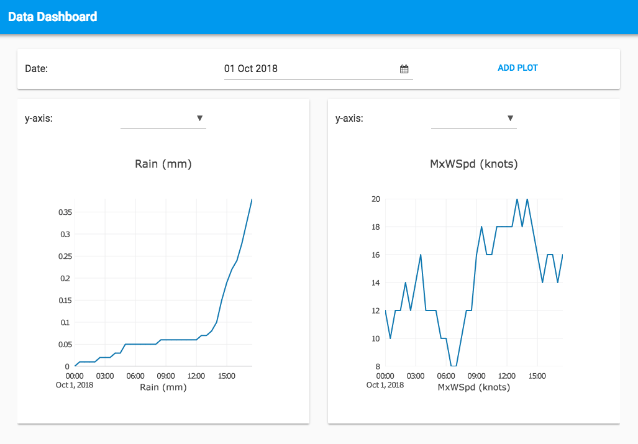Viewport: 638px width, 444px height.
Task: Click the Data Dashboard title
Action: point(53,17)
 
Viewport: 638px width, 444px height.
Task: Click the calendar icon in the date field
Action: point(404,69)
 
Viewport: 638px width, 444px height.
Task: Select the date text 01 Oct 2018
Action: point(251,68)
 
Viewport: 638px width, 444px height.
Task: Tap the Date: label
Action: point(36,68)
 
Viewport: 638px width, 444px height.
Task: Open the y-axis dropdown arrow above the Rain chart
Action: point(199,118)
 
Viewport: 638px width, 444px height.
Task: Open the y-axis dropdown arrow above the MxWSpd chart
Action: point(510,118)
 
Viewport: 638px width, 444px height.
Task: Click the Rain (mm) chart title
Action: point(163,164)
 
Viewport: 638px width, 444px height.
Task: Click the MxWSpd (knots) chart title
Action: point(474,164)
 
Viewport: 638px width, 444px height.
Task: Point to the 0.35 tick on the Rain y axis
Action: point(65,212)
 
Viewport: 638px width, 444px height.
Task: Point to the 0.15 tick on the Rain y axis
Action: point(65,300)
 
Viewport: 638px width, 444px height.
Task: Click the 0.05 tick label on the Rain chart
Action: point(65,344)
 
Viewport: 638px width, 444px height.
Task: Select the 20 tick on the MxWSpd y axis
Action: point(375,199)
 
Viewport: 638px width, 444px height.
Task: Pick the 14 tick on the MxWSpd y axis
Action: point(375,283)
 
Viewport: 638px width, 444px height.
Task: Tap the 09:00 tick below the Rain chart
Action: point(165,376)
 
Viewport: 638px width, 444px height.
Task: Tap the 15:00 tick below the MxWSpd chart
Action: point(537,376)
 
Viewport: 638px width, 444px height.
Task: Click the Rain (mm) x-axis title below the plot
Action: point(163,387)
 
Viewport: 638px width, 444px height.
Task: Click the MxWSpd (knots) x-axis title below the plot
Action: point(474,387)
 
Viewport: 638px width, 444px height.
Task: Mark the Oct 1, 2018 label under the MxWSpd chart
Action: point(385,385)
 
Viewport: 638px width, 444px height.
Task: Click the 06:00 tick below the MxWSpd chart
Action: point(446,376)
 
